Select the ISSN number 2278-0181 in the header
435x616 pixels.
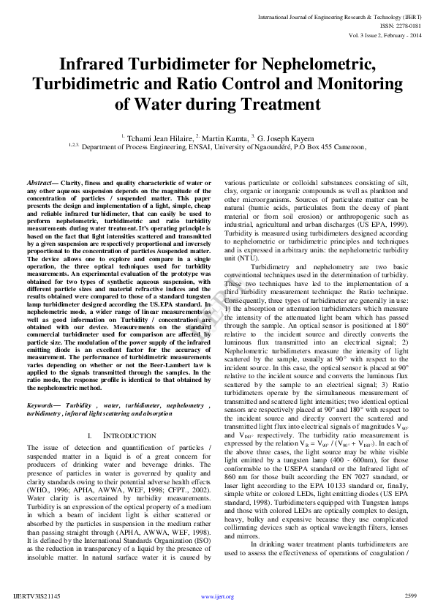[x=406, y=23]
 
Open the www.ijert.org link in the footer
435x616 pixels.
[x=217, y=596]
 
